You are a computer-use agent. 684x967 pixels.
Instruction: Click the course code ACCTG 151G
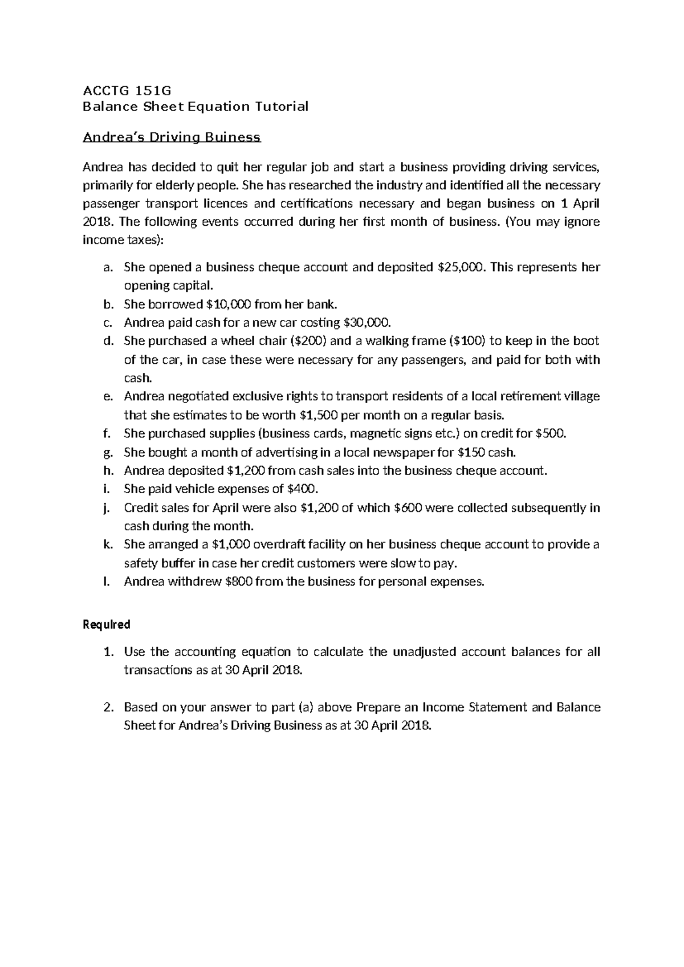pos(127,90)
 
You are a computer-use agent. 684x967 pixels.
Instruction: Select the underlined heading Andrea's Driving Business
pos(172,137)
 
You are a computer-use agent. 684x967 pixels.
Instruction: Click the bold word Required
pos(107,624)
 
